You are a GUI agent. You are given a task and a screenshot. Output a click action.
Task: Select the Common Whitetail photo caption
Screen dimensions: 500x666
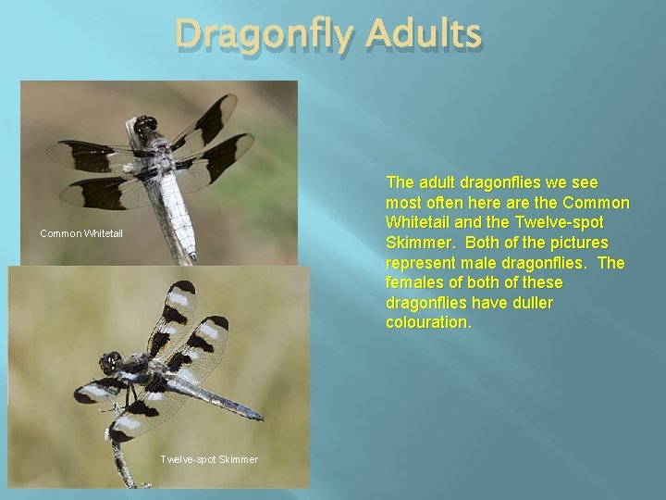click(x=81, y=233)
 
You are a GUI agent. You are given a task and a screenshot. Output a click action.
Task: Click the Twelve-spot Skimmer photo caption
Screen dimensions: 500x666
click(x=209, y=459)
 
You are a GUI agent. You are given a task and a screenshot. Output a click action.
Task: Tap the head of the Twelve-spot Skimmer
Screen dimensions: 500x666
click(x=112, y=362)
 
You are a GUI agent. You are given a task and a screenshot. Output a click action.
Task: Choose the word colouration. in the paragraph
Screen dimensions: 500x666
click(x=428, y=322)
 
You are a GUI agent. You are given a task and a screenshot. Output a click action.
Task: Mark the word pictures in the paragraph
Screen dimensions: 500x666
click(x=597, y=243)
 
